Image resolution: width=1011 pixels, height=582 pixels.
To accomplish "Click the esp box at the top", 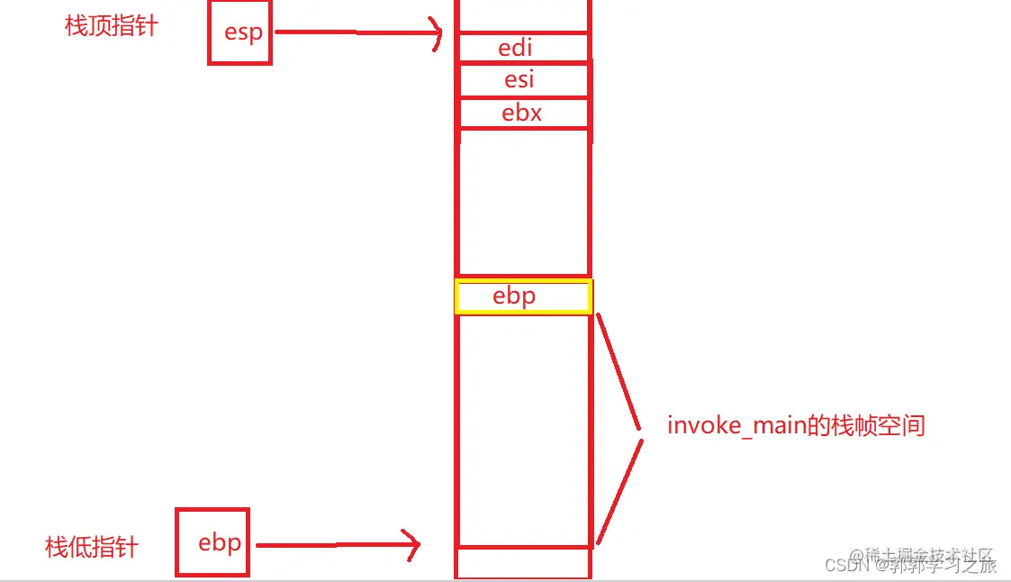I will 239,33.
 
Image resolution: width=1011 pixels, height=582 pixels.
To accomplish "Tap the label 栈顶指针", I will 112,26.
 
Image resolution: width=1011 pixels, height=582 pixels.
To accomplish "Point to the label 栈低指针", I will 92,547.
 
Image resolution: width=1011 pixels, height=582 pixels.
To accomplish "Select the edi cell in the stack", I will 523,47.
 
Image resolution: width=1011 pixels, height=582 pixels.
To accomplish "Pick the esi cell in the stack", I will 523,80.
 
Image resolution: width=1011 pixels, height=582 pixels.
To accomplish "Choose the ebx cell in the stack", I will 523,114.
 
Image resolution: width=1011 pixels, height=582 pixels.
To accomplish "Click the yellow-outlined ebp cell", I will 523,296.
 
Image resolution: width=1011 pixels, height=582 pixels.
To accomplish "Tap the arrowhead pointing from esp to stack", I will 438,34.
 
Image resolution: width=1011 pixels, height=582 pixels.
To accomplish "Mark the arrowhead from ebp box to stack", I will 415,544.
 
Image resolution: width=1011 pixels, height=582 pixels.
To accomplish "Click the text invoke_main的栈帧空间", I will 796,425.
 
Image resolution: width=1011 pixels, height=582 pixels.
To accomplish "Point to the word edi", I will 516,47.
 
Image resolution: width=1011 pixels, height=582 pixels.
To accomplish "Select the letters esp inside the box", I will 243,33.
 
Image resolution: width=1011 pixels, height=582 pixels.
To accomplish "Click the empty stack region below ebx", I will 523,203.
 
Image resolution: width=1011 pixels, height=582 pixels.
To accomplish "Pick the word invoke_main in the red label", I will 736,425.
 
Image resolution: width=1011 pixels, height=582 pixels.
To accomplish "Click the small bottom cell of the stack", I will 523,562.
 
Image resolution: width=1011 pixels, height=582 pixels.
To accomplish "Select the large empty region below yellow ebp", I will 523,428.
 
